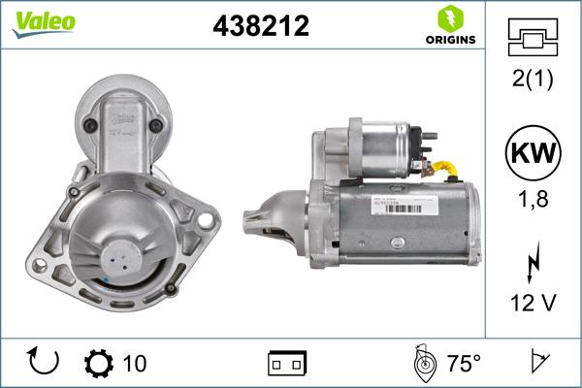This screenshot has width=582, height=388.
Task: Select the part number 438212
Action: (x=260, y=26)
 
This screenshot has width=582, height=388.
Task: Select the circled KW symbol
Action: (x=532, y=152)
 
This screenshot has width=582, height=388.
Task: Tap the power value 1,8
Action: (x=532, y=200)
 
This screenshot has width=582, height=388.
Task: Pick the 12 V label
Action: (x=532, y=304)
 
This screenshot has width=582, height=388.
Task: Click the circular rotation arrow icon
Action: (x=45, y=363)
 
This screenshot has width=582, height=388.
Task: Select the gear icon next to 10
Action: (x=98, y=364)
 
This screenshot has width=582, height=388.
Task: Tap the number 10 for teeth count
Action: (x=135, y=364)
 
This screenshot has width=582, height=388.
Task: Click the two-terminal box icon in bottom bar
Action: (x=286, y=364)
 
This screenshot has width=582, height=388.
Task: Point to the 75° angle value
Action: (x=463, y=364)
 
